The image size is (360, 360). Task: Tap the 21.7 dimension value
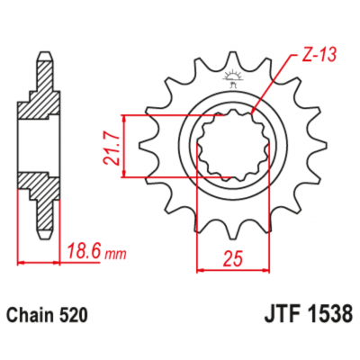pos(112,149)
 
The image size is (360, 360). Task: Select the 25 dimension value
pos(232,259)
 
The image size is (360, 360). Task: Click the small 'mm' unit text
pos(115,255)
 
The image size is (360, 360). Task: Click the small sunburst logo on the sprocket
pos(232,78)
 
